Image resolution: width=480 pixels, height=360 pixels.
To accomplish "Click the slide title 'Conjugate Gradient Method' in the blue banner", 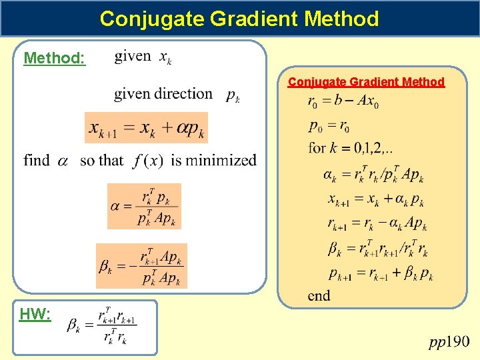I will pos(239,18).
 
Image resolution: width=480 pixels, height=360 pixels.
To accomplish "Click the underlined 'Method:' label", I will pos(55,59).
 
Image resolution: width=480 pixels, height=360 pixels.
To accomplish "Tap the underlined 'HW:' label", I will pos(35,315).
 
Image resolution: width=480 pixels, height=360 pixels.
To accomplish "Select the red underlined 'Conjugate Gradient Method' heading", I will pos(366,82).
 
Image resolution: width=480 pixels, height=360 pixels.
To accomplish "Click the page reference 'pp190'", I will pos(449,342).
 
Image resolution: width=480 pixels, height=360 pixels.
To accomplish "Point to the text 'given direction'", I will pos(163,94).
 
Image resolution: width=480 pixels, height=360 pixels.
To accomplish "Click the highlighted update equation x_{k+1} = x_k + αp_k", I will pos(146,128).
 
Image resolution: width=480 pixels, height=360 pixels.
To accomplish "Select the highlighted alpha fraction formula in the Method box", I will pos(144,206).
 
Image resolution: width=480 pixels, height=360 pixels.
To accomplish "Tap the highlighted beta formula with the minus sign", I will pos(142,266).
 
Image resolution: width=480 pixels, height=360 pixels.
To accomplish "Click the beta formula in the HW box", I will pos(102,325).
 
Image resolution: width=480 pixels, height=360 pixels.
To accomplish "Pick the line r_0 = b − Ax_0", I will pos(343,102).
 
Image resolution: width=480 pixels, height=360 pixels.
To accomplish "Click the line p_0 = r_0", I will pos(329,125).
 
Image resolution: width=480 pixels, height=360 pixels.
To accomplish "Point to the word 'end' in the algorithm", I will pos(319,295).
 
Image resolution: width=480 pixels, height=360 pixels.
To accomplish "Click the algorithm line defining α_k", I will pos(373,175).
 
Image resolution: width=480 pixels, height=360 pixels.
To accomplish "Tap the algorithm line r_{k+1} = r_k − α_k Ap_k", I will pos(377,223).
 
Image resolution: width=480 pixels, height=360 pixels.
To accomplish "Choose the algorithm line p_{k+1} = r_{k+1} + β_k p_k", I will pos(380,273).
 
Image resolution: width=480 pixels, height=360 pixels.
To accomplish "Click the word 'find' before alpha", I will pos(37,160).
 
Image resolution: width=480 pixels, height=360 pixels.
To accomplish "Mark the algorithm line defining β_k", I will pos(377,249).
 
